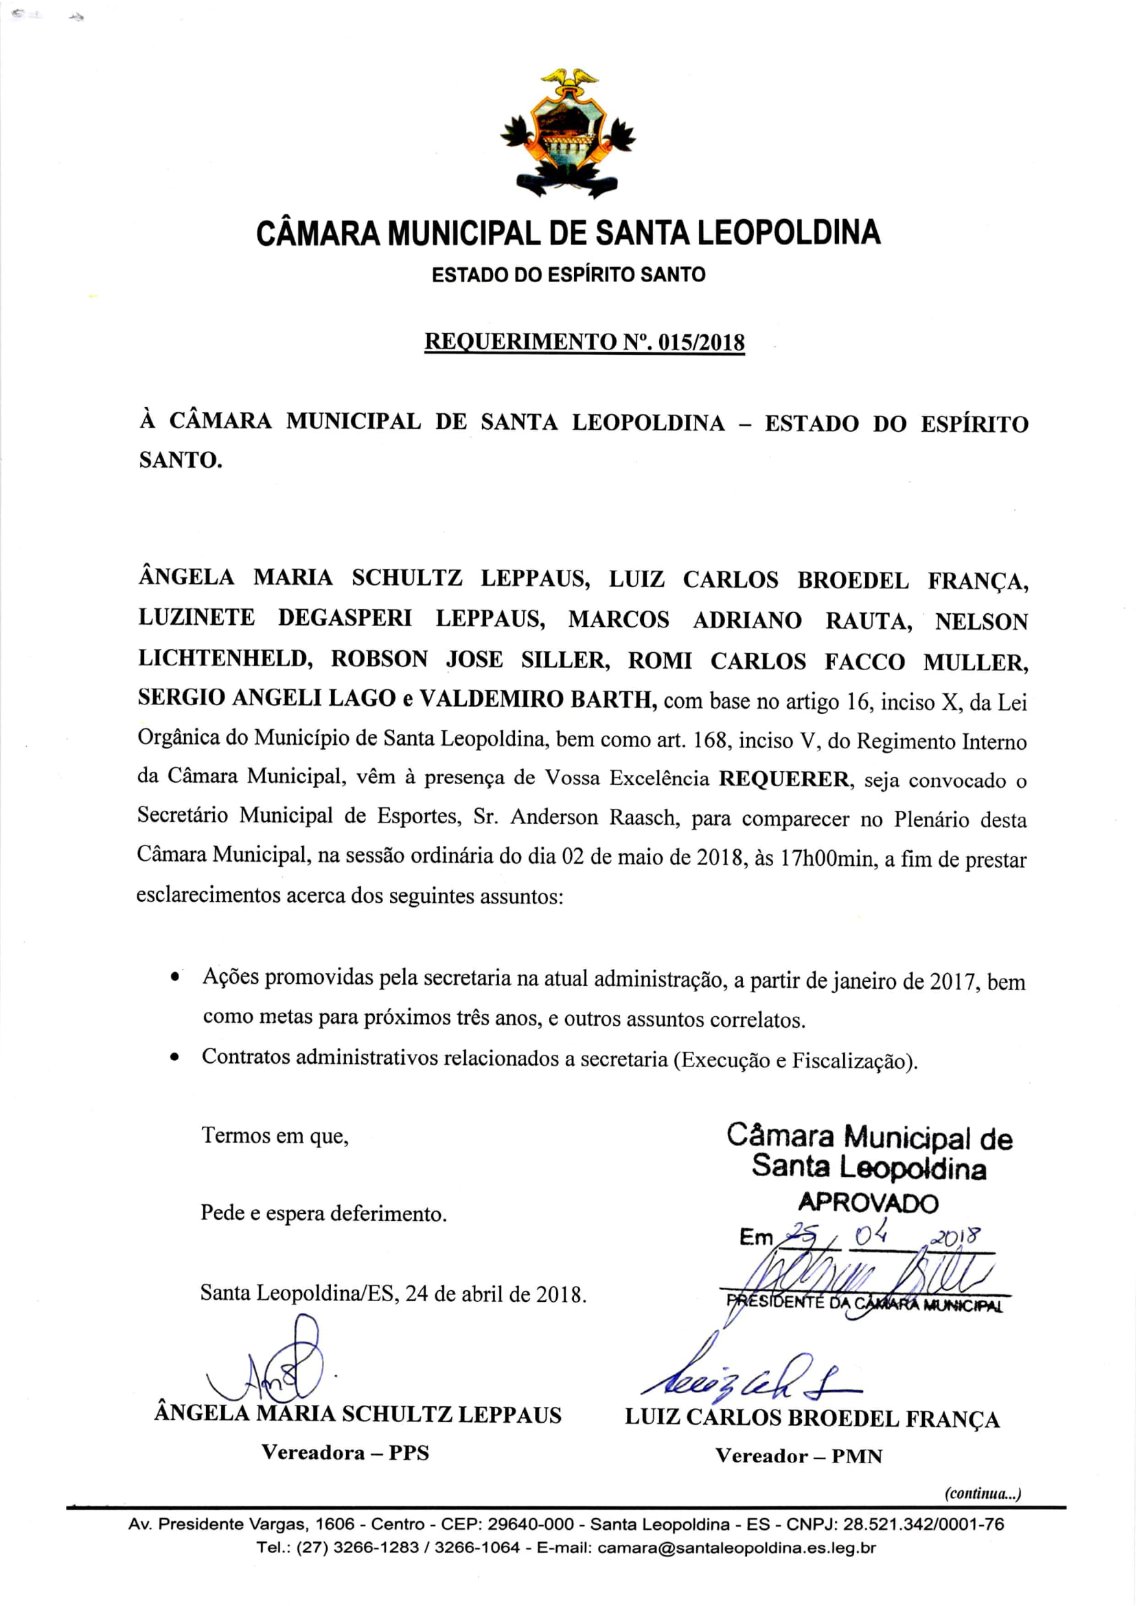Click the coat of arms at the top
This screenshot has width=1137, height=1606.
coord(568,133)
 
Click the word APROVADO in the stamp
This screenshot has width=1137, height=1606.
coord(867,1203)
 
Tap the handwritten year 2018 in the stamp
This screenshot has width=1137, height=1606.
coord(955,1236)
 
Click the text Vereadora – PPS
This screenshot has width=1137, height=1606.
coord(345,1453)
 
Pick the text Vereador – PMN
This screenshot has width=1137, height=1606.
coord(799,1456)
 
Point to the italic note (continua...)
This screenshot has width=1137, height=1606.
coord(983,1493)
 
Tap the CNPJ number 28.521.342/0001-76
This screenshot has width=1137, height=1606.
coord(923,1524)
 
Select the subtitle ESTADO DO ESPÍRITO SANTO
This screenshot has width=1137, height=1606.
coord(568,275)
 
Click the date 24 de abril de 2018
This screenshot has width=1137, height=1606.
coord(495,1294)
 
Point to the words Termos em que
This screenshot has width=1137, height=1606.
coord(275,1135)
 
